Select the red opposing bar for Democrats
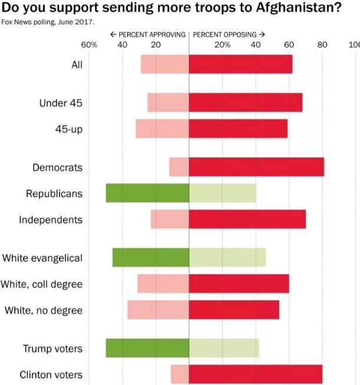click(x=256, y=167)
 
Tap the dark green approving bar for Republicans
click(x=147, y=193)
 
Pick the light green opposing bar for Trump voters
click(x=224, y=349)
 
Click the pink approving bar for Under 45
click(x=168, y=102)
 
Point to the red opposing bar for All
click(x=240, y=64)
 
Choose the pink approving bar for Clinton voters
click(x=180, y=374)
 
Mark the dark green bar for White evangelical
click(x=151, y=258)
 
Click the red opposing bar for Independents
click(x=247, y=219)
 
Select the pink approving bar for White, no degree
click(x=158, y=310)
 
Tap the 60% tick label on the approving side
click(x=89, y=45)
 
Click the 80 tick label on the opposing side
click(x=322, y=45)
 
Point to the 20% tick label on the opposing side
click(x=223, y=45)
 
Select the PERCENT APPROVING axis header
click(x=148, y=34)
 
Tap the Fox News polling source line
click(x=47, y=22)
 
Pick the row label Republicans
click(x=54, y=193)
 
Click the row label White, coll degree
click(x=41, y=284)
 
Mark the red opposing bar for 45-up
click(x=238, y=128)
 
